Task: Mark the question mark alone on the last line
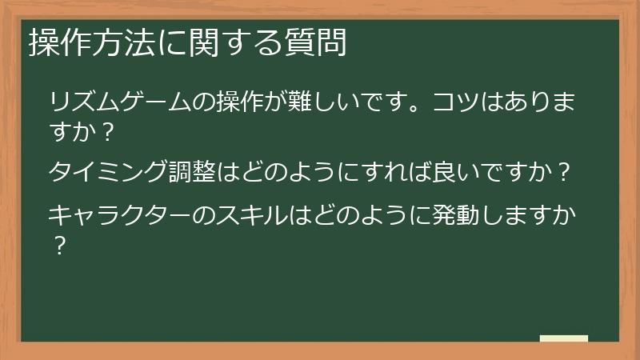pos(58,242)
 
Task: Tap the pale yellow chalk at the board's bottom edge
pos(564,339)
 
